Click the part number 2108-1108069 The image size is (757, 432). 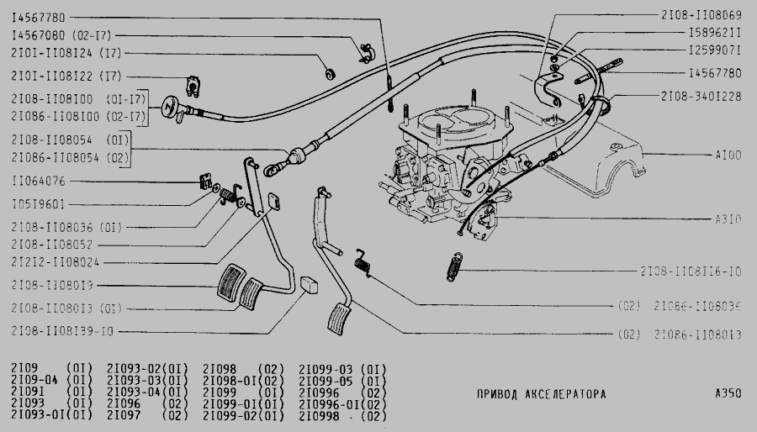pos(701,16)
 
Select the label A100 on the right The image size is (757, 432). pos(728,155)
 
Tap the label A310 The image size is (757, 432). pos(728,219)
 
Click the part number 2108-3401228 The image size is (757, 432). pos(701,97)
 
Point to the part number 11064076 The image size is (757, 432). pos(39,182)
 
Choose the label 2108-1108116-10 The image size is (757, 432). pos(691,272)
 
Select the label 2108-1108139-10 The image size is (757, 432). pos(62,330)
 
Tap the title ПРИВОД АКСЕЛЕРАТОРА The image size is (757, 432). pos(540,394)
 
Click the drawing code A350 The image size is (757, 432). pos(728,394)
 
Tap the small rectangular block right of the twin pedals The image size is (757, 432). pos(309,282)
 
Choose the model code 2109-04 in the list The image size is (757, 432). pos(32,380)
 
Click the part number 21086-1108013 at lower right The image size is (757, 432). pos(697,335)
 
